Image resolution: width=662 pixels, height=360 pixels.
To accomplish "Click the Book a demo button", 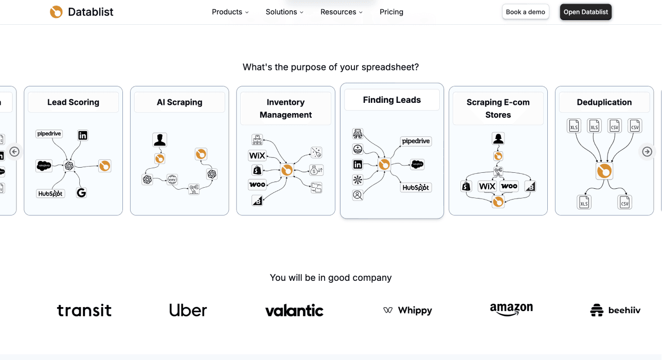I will pyautogui.click(x=525, y=12).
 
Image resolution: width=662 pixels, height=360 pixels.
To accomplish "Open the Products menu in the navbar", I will pyautogui.click(x=230, y=12).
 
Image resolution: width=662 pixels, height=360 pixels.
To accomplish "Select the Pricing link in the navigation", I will pyautogui.click(x=391, y=12).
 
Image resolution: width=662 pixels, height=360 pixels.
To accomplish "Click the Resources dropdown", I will pyautogui.click(x=341, y=12).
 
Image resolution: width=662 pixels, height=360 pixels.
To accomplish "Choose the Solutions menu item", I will pyautogui.click(x=284, y=12).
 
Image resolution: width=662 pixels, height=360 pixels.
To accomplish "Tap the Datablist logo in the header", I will pyautogui.click(x=82, y=12).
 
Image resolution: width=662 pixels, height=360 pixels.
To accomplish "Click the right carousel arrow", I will pyautogui.click(x=647, y=152).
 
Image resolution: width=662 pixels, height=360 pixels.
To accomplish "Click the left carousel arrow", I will pyautogui.click(x=14, y=152).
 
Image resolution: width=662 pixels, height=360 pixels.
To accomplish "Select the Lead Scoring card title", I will pyautogui.click(x=73, y=102).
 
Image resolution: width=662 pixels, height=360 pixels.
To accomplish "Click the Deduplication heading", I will pyautogui.click(x=604, y=102).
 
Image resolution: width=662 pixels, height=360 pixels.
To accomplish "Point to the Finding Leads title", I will pyautogui.click(x=391, y=100).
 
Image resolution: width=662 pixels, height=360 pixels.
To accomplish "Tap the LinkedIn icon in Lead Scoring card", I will pyautogui.click(x=83, y=135).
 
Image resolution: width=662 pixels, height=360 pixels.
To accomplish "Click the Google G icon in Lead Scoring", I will pyautogui.click(x=81, y=193).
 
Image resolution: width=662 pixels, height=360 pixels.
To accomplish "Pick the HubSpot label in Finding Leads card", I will pyautogui.click(x=416, y=188).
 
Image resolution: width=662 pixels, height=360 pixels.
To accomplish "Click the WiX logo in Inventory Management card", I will pyautogui.click(x=257, y=156).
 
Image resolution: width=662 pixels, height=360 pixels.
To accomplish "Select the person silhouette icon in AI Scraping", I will pyautogui.click(x=159, y=140).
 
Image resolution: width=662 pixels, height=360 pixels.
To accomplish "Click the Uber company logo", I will pyautogui.click(x=188, y=310).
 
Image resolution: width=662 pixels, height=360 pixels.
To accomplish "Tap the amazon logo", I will pyautogui.click(x=511, y=309).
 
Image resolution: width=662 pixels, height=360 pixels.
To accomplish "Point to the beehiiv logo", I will pyautogui.click(x=615, y=310).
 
